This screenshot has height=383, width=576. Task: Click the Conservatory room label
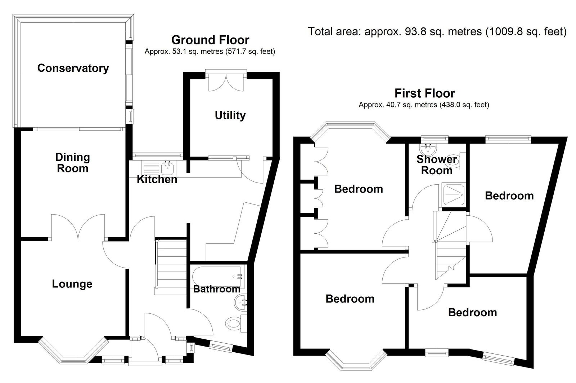pyautogui.click(x=73, y=68)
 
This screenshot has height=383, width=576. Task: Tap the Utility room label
pyautogui.click(x=230, y=115)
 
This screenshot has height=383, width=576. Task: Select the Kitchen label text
pyautogui.click(x=157, y=180)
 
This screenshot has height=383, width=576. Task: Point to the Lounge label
pyautogui.click(x=72, y=284)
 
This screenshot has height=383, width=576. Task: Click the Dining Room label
pyautogui.click(x=72, y=163)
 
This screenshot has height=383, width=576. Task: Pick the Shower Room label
pyautogui.click(x=437, y=165)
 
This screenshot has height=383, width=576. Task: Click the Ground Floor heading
pyautogui.click(x=210, y=40)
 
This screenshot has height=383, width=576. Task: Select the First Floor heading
pyautogui.click(x=425, y=93)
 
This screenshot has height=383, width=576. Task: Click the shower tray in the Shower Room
pyautogui.click(x=453, y=195)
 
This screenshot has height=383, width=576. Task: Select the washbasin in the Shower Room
pyautogui.click(x=428, y=148)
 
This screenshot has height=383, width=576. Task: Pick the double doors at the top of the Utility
pyautogui.click(x=226, y=83)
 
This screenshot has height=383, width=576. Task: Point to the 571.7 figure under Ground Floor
pyautogui.click(x=235, y=52)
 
